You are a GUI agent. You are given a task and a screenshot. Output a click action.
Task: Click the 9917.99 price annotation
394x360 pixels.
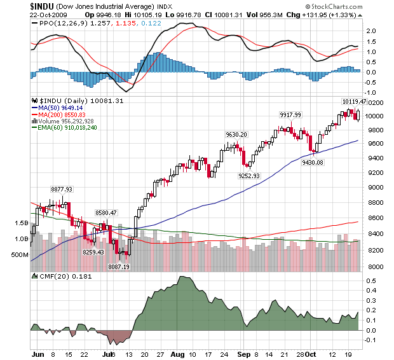[x=290, y=114]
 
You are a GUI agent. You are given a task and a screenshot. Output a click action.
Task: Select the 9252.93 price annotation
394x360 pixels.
[x=250, y=176]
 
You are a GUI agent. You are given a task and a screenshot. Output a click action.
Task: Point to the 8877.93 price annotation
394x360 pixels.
[x=62, y=189]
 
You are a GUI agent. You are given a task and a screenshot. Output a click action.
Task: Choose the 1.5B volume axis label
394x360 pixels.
[x=20, y=223]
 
